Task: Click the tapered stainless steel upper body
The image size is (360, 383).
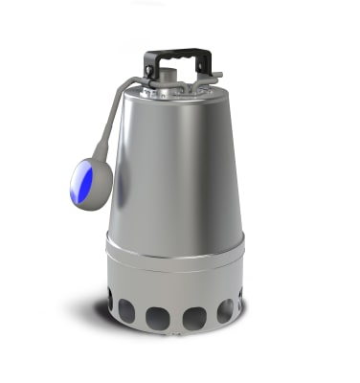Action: tap(177, 163)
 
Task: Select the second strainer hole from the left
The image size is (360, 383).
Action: tap(127, 309)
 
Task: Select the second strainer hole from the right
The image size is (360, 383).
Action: tap(225, 309)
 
